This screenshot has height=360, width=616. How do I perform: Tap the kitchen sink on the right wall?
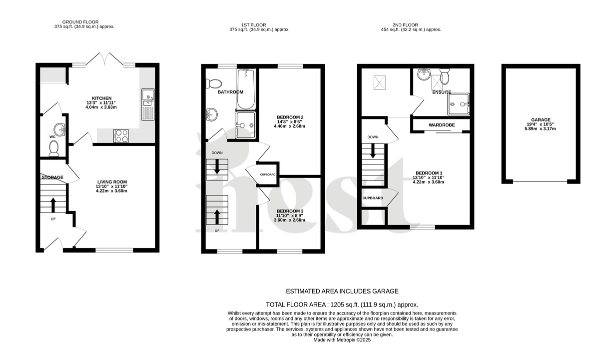point(148,104)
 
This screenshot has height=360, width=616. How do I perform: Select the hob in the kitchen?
point(121,135)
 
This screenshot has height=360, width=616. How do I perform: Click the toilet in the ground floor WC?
point(53,147)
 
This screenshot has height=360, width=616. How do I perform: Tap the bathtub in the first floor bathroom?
point(246,89)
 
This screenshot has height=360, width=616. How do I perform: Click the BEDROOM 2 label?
point(290,117)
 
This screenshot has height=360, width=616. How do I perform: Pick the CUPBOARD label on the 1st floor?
point(267,174)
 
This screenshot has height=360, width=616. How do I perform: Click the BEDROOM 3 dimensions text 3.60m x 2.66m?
point(289,220)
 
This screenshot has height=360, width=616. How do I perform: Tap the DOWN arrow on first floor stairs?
point(217,168)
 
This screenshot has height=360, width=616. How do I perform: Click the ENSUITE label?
point(441,92)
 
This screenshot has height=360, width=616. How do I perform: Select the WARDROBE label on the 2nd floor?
point(440,124)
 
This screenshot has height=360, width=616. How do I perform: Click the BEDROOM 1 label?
point(428,173)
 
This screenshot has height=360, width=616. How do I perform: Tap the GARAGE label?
point(541,120)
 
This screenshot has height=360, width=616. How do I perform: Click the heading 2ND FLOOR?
point(406,25)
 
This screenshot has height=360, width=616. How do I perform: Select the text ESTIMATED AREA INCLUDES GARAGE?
point(342,291)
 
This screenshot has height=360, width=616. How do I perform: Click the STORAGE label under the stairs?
point(52,177)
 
